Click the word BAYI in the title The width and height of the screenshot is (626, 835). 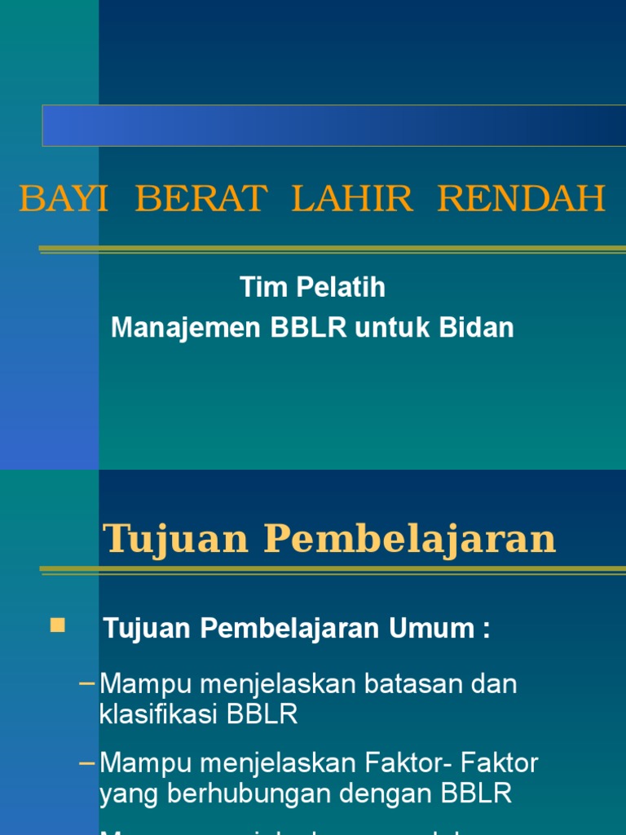[64, 199]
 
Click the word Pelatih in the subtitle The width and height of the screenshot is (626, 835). [334, 288]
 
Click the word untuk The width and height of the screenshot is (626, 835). [394, 328]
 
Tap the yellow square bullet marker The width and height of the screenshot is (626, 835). [57, 625]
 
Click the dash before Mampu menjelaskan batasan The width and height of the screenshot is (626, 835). [87, 683]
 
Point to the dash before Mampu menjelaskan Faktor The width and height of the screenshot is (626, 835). [87, 764]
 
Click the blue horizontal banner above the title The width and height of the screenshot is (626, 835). [334, 126]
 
